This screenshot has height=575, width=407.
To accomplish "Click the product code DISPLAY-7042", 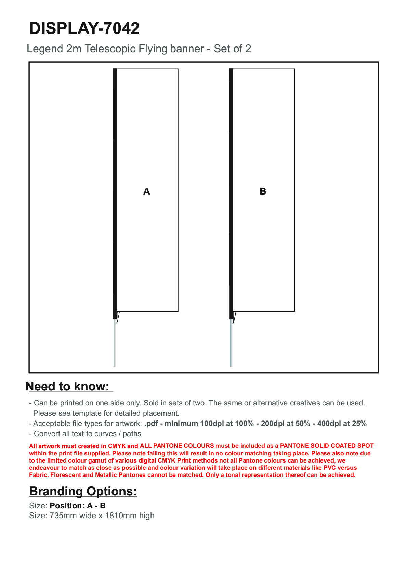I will pos(84,28).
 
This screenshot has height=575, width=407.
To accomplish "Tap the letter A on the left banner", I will pos(146,191).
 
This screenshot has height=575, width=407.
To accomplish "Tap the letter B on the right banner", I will pos(263,191).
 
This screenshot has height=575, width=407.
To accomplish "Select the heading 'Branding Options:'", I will pos(83,491).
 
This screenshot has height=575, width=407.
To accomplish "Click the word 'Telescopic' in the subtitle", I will pos(110,49).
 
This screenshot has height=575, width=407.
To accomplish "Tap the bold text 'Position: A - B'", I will pos(78,506).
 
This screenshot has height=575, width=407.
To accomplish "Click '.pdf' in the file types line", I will pos(152,424).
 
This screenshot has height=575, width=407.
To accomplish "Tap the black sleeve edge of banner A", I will pos(115,191).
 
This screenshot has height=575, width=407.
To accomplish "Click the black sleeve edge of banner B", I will pos(231,191).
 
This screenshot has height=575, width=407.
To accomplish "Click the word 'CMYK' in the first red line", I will pos(117,446).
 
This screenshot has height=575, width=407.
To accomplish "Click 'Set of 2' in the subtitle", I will pos(232,49).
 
